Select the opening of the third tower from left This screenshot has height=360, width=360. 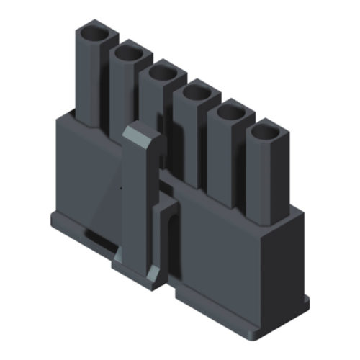point(164,73)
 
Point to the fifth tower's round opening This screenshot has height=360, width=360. point(232,112)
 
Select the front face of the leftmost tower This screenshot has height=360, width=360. point(86,79)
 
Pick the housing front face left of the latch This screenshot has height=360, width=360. point(86,180)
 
